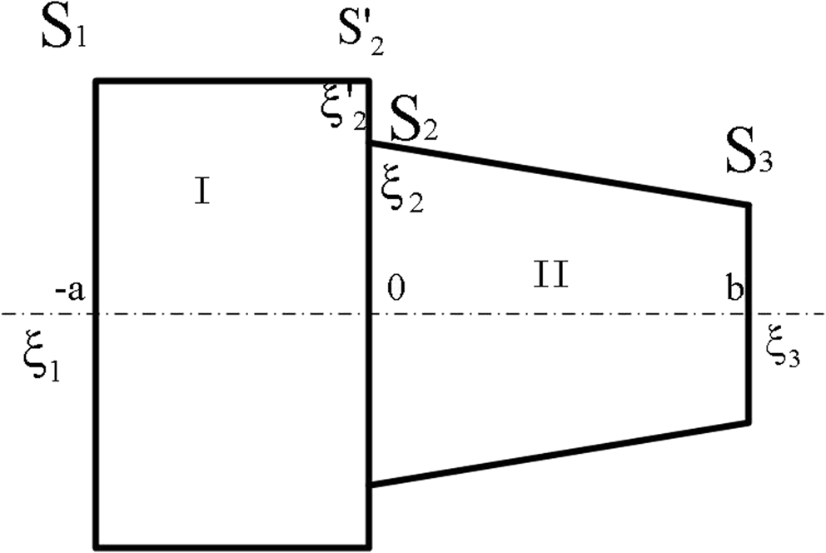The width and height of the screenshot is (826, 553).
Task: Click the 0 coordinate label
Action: (x=396, y=288)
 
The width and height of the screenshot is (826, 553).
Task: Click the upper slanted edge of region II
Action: (x=558, y=173)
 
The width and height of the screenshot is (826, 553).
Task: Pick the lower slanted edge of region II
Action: (x=558, y=454)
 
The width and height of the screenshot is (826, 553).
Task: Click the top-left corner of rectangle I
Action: (x=96, y=81)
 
